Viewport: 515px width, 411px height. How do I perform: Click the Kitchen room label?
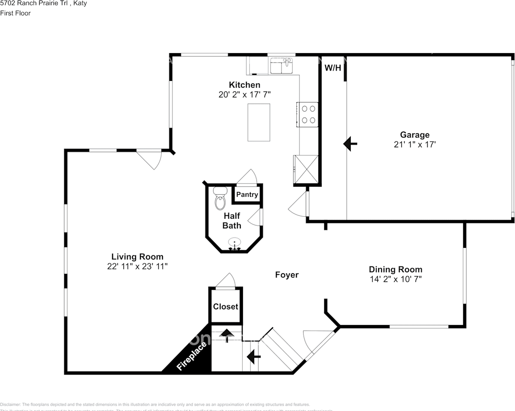pyautogui.click(x=244, y=85)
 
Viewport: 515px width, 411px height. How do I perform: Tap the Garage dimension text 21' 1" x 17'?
pyautogui.click(x=414, y=145)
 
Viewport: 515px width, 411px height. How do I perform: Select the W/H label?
pyautogui.click(x=333, y=68)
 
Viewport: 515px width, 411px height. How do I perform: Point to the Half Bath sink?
pyautogui.click(x=234, y=243)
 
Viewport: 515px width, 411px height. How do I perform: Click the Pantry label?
pyautogui.click(x=247, y=194)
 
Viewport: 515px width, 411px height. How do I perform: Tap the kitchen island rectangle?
pyautogui.click(x=259, y=122)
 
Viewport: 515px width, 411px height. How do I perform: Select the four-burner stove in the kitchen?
pyautogui.click(x=308, y=114)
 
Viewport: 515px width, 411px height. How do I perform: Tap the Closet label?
pyautogui.click(x=225, y=307)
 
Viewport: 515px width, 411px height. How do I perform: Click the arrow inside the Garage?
pyautogui.click(x=350, y=144)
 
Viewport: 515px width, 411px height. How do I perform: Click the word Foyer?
pyautogui.click(x=287, y=275)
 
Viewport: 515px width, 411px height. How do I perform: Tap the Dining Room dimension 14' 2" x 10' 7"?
pyautogui.click(x=396, y=279)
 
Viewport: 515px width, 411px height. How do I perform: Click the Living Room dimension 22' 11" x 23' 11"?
pyautogui.click(x=137, y=266)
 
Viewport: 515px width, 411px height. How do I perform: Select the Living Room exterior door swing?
pyautogui.click(x=152, y=159)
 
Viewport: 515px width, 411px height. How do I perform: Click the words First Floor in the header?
pyautogui.click(x=15, y=13)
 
